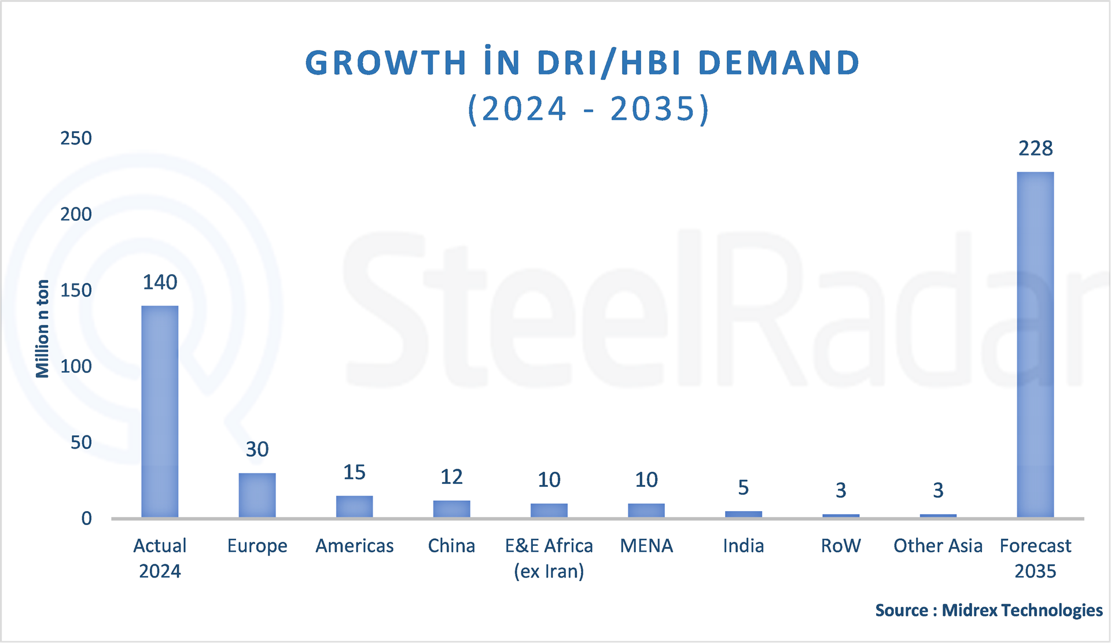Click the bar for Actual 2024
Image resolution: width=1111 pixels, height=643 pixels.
click(x=160, y=412)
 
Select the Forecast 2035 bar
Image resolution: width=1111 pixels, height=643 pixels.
click(x=1035, y=345)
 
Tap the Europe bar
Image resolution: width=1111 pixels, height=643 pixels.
click(x=257, y=495)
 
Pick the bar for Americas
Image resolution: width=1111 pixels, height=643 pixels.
click(x=354, y=507)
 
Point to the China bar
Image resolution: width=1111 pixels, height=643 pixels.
click(x=451, y=509)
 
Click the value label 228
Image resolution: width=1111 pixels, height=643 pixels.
click(x=1035, y=149)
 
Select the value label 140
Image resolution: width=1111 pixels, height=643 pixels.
click(x=160, y=282)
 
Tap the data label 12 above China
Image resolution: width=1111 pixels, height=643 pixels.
click(x=451, y=477)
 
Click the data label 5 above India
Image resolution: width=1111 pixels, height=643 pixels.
click(x=743, y=487)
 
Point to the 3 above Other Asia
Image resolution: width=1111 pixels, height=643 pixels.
click(x=938, y=490)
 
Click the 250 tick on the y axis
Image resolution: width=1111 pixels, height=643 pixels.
click(x=76, y=138)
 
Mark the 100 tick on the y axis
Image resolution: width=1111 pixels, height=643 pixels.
click(x=76, y=366)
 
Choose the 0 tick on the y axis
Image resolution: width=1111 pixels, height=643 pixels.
click(x=86, y=518)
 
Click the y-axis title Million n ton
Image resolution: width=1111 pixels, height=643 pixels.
click(x=42, y=328)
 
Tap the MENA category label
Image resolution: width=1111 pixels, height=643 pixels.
click(x=646, y=545)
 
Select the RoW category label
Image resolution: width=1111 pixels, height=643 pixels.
click(x=841, y=545)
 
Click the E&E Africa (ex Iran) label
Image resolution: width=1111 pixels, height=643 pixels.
click(x=549, y=558)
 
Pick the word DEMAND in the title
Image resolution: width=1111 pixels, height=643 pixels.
click(x=779, y=62)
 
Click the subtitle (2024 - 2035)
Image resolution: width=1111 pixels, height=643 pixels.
click(x=588, y=109)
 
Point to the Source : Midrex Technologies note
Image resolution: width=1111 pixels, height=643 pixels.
click(x=988, y=610)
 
